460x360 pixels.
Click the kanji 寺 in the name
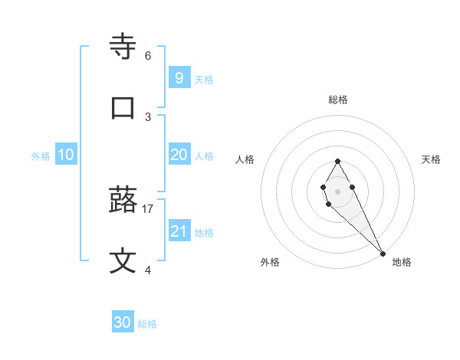[124, 47]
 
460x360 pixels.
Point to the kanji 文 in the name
[124, 261]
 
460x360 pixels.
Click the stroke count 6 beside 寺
[148, 56]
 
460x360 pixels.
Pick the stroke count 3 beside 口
[148, 116]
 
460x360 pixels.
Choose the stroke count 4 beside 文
[148, 270]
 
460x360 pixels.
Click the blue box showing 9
[179, 77]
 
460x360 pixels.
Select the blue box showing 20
[179, 155]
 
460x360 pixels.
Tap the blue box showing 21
[179, 231]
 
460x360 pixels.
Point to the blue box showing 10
[66, 155]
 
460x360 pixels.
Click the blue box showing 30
[123, 322]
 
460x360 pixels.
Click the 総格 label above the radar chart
[337, 100]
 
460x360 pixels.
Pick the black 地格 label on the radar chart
[402, 262]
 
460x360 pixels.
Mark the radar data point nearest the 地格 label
[382, 253]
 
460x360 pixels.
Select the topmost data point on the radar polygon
[337, 161]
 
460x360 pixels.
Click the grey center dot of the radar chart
[337, 190]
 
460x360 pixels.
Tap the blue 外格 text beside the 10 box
[41, 156]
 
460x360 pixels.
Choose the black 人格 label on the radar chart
[245, 159]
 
